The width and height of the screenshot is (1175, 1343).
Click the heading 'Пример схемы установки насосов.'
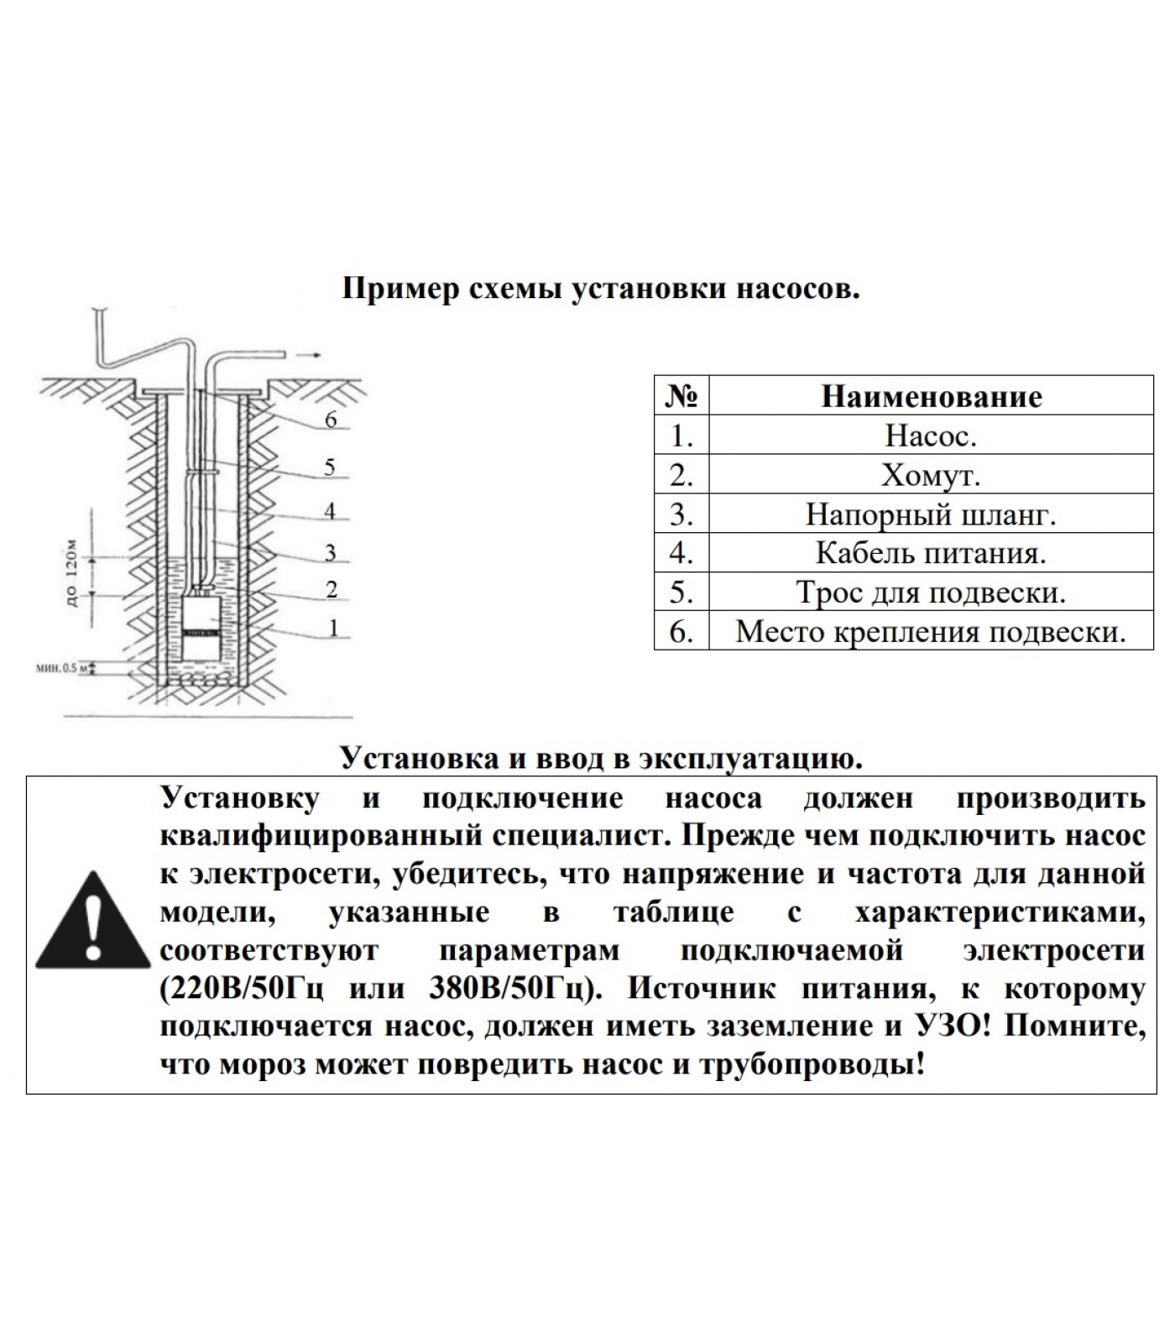coord(601,290)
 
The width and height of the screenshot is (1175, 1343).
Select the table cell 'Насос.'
coord(931,435)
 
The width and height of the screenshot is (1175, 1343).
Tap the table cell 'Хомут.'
coord(931,475)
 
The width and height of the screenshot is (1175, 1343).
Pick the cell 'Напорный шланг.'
coord(931,514)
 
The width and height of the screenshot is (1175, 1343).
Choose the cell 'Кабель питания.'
coord(931,553)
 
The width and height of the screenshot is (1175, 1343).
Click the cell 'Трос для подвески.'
coord(931,593)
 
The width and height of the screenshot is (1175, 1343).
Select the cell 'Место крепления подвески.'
coord(931,631)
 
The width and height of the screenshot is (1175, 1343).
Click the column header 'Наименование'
coord(931,396)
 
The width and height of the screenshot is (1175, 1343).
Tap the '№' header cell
coord(681,396)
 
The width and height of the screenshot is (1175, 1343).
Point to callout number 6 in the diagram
coord(331,420)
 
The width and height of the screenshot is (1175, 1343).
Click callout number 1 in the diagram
coord(333,628)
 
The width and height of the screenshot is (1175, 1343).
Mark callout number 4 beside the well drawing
coord(330,510)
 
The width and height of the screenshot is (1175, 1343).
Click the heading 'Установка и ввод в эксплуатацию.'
coord(601,759)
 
